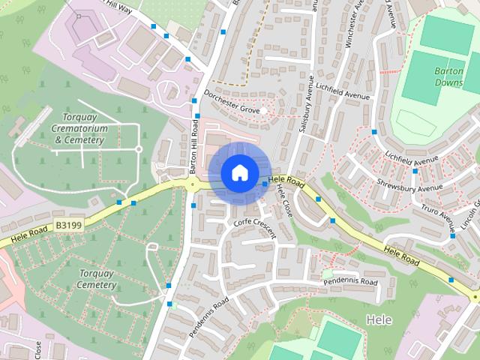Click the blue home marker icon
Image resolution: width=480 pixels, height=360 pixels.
238,172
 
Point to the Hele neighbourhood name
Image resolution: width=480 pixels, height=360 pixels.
379,319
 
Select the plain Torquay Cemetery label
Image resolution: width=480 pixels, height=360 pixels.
97,279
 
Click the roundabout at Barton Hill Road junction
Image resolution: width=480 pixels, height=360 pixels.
193,183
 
